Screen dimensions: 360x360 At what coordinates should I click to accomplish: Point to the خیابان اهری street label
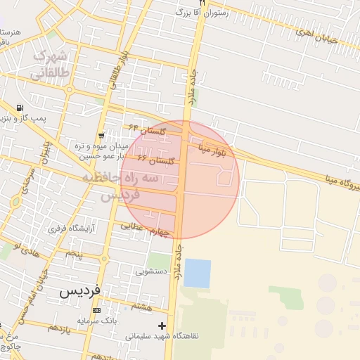coord(316,36)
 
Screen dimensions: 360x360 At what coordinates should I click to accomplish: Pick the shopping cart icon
coord(102,135)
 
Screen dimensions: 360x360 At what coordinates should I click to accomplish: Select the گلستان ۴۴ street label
coord(148,129)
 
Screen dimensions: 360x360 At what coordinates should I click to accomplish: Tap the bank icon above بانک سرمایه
coord(96,310)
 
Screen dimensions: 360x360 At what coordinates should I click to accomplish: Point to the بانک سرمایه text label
coord(95,321)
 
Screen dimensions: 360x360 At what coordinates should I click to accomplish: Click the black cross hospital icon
coord(163,326)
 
